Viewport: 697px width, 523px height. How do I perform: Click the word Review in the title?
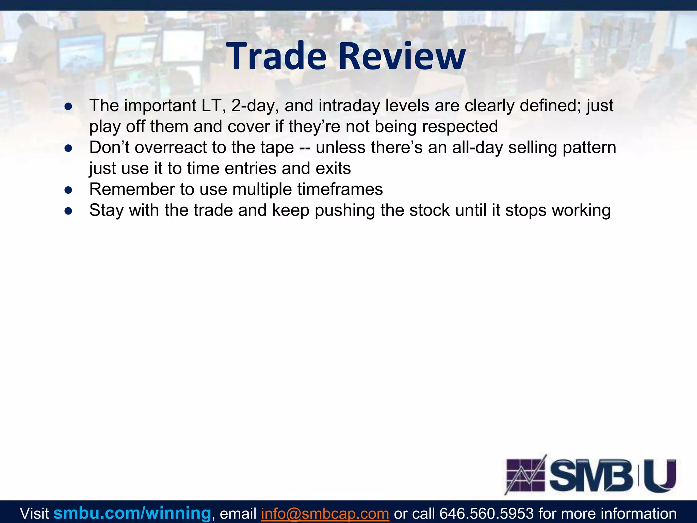tap(402, 56)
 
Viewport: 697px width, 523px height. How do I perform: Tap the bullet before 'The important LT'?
tap(68, 107)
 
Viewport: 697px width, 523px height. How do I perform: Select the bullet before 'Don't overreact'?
tap(68, 148)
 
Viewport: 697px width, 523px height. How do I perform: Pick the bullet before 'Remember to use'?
tap(68, 190)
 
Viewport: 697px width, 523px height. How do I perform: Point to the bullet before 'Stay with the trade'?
tap(68, 211)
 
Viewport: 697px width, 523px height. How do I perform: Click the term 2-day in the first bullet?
tap(255, 106)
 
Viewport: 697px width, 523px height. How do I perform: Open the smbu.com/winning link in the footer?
tap(132, 513)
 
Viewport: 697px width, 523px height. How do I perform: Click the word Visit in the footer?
tap(34, 513)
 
